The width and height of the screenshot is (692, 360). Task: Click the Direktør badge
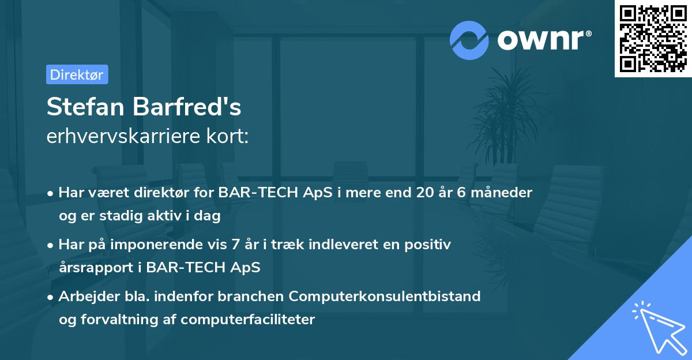(77, 74)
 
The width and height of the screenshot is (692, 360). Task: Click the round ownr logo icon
(469, 40)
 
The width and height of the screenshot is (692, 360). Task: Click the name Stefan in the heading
(86, 107)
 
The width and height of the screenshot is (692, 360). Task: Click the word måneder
(502, 193)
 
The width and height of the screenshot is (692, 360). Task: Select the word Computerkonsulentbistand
(385, 297)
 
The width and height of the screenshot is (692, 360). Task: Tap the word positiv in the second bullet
(430, 245)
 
